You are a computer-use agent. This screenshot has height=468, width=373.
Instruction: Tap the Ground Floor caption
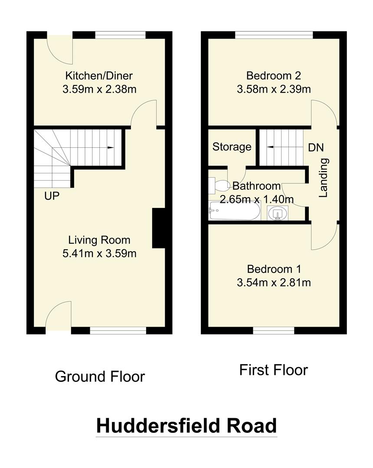click(100, 376)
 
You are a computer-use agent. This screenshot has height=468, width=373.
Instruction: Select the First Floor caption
click(274, 370)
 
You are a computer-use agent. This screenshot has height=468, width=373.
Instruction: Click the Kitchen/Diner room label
click(99, 76)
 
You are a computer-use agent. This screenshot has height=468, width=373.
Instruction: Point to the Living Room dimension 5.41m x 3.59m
click(99, 253)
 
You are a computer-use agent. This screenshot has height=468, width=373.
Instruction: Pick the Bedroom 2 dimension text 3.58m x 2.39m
click(274, 90)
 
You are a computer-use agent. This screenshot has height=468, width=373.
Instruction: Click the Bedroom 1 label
click(274, 269)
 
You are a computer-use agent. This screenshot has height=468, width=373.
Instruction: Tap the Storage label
click(232, 147)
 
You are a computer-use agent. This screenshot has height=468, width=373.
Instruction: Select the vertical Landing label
click(324, 178)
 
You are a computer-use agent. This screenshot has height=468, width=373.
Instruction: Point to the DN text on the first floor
click(316, 147)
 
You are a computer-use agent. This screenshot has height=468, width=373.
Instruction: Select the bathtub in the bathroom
click(234, 211)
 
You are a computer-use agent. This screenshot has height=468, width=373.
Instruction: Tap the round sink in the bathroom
click(276, 213)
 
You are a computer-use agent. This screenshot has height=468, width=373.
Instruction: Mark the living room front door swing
click(59, 315)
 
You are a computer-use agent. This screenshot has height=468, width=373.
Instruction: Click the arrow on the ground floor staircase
click(110, 148)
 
